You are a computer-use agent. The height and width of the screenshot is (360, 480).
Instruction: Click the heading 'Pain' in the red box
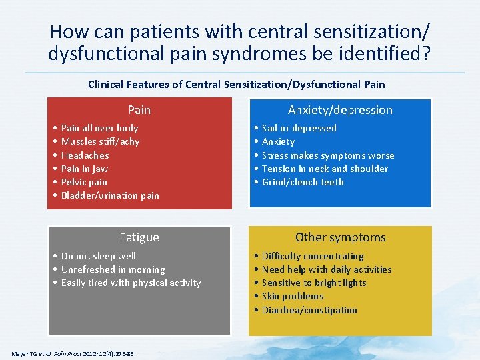[x=139, y=110]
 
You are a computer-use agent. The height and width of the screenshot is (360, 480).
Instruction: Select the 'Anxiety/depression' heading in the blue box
[x=340, y=110]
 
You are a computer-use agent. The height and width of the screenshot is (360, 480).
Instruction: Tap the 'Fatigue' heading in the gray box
[x=139, y=237]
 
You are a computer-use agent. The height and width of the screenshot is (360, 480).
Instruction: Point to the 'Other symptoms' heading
[x=340, y=237]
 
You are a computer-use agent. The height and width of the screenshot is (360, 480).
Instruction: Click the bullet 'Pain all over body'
[x=99, y=128]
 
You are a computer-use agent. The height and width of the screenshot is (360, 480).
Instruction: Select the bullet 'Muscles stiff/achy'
[x=100, y=141]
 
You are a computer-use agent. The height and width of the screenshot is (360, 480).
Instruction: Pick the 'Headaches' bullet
[x=85, y=155]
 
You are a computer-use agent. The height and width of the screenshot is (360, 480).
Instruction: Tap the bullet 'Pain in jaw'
[x=84, y=169]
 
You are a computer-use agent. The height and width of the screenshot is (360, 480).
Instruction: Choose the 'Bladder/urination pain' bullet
[x=110, y=195]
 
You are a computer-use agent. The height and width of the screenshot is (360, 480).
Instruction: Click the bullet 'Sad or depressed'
[x=299, y=128]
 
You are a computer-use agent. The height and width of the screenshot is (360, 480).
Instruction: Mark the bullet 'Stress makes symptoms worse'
[x=328, y=155]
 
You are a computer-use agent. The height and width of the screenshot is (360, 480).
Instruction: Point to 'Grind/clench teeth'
[x=303, y=182]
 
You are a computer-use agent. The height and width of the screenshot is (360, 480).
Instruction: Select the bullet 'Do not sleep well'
[x=98, y=256]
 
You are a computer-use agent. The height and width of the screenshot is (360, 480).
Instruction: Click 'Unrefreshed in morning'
[x=113, y=269]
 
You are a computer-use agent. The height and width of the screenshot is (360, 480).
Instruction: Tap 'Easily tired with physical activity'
[x=131, y=283]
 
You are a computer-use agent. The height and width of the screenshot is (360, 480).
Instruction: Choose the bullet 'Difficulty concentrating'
[x=313, y=256]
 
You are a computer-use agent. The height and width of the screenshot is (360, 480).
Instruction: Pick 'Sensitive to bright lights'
[x=314, y=283]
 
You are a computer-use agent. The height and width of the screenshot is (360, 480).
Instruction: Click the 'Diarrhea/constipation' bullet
[x=309, y=310]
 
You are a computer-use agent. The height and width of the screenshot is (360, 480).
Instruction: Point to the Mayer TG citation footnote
[x=73, y=353]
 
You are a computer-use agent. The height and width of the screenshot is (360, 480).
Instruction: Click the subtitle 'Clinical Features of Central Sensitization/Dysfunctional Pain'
[x=236, y=85]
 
